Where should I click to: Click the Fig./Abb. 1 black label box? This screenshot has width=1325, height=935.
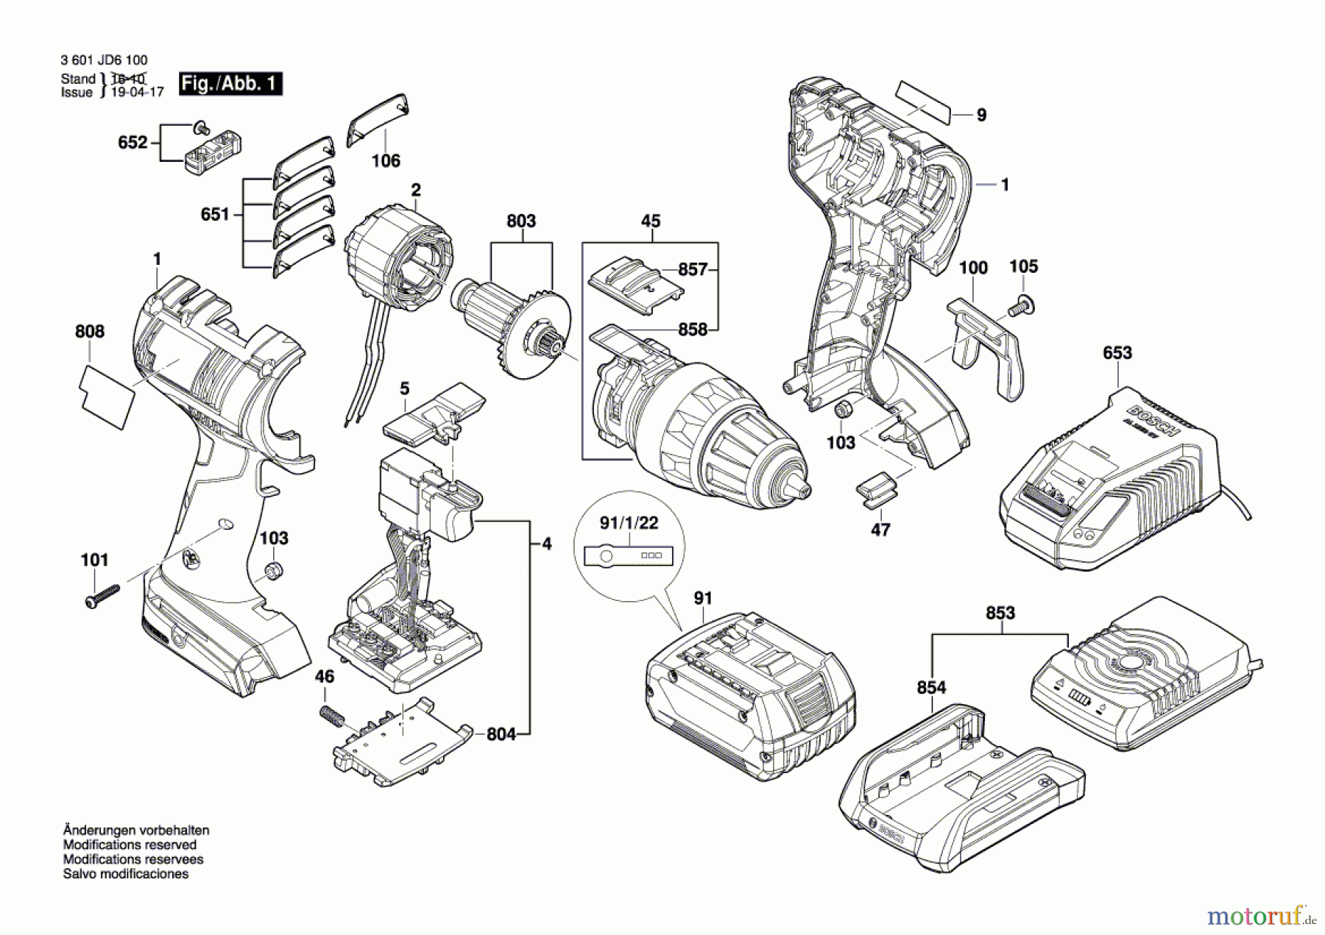point(230,84)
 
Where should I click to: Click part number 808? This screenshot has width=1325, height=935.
point(90,332)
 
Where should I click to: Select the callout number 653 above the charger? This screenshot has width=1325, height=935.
point(1117,353)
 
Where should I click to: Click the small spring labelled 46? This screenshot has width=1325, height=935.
point(331,714)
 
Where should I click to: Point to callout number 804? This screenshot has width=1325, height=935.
point(501,733)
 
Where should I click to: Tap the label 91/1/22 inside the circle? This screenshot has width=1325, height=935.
point(629,523)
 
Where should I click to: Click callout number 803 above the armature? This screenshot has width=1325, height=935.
point(521,221)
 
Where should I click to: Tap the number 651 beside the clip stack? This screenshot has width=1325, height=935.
point(215,215)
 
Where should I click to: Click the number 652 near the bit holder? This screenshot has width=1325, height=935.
point(132,142)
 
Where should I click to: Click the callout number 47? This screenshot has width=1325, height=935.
point(880,529)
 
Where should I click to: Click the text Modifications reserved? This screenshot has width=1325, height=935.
point(130,845)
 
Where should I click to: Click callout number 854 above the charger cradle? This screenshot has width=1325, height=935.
point(931,688)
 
